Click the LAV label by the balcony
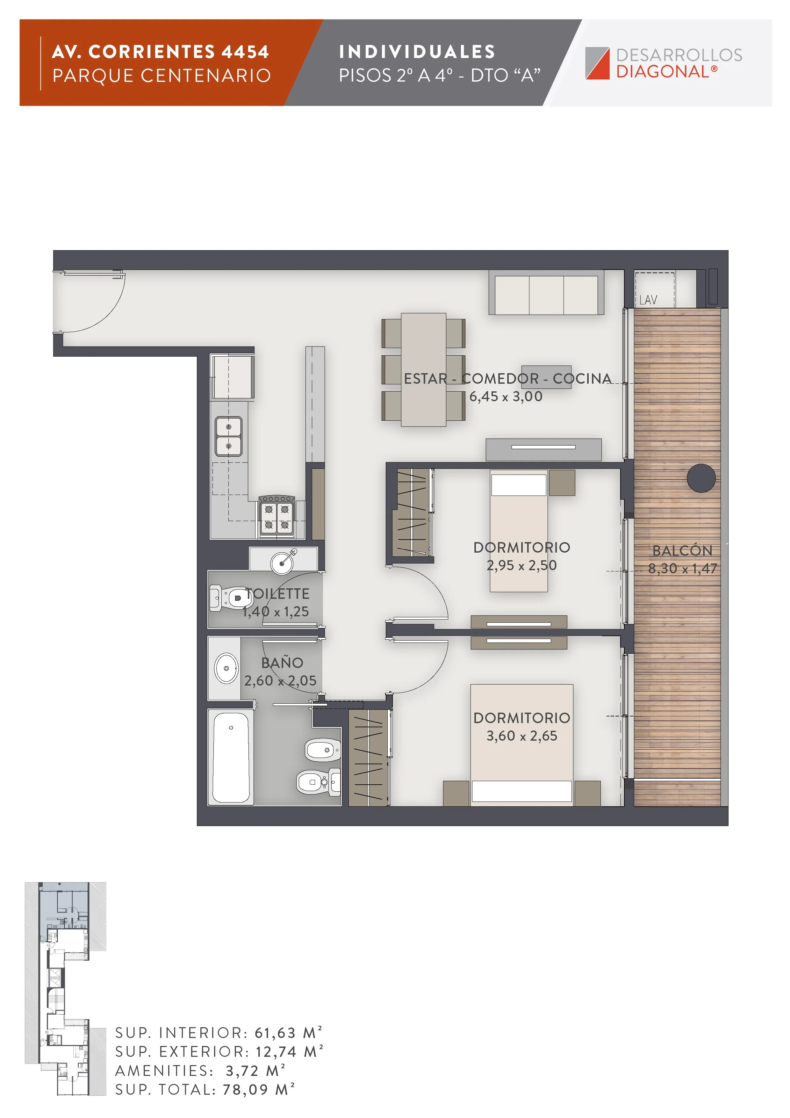(648, 300)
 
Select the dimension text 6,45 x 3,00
(506, 396)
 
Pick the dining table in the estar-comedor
(423, 370)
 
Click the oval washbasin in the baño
(226, 668)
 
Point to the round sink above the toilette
(282, 563)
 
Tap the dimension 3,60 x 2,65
(522, 736)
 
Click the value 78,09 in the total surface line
(245, 1089)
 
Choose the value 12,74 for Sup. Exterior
(276, 1052)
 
